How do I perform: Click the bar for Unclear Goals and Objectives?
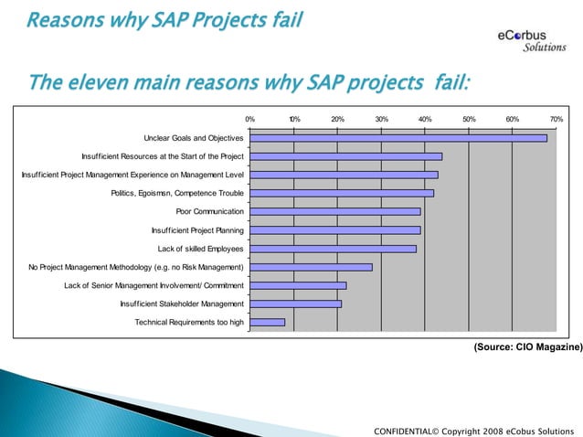pos(397,138)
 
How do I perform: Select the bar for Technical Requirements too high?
pos(267,322)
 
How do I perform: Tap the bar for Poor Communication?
pos(334,211)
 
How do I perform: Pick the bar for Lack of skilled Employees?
pos(333,249)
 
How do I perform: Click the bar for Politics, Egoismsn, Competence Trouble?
pos(341,193)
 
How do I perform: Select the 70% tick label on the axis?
pos(556,119)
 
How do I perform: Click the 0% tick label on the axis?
pos(249,119)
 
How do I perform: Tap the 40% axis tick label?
pos(425,119)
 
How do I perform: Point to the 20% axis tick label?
pos(337,119)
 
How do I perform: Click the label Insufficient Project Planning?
pos(196,230)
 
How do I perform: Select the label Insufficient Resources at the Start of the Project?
pos(162,156)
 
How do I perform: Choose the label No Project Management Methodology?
pos(136,267)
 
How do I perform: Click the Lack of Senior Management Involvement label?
pos(154,285)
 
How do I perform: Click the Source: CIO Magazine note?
pos(526,348)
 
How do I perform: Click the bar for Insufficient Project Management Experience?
pos(344,175)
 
